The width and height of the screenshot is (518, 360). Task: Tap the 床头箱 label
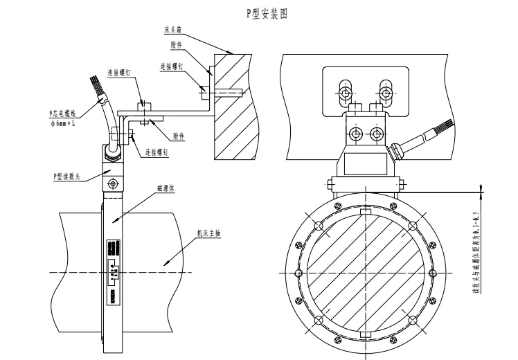[172, 30]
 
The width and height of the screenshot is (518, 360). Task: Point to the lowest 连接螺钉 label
[157, 151]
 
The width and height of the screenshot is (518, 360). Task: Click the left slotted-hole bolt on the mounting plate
[343, 89]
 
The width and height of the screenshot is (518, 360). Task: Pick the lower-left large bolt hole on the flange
[318, 319]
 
